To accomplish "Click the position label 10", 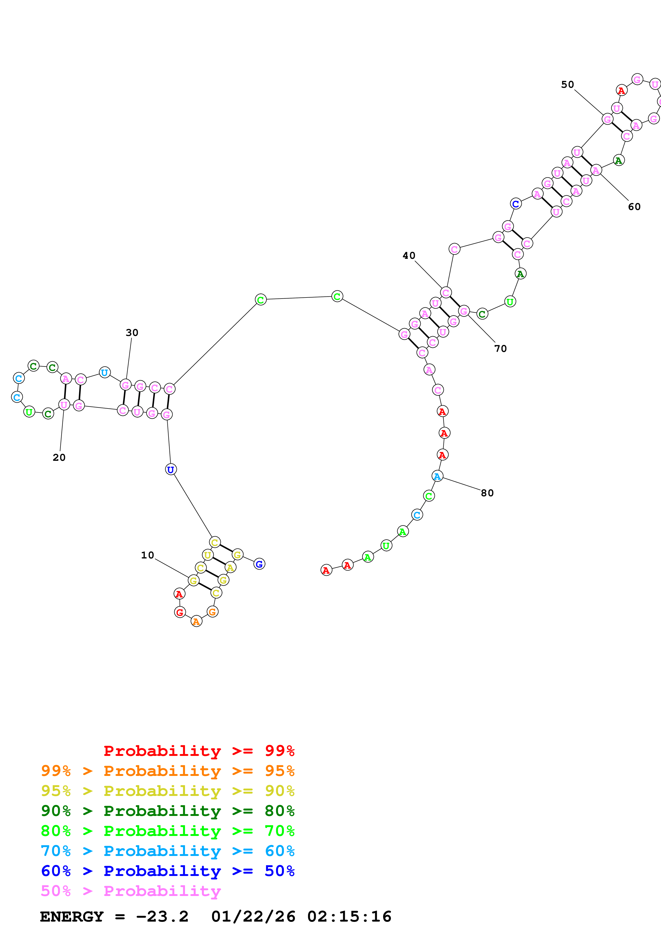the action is click(x=147, y=555).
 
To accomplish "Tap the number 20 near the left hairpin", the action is click(x=59, y=457).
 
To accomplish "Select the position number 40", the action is click(x=409, y=256).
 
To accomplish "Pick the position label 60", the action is click(x=634, y=207).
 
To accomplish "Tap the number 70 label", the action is click(x=500, y=348).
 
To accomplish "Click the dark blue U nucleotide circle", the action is click(x=171, y=470).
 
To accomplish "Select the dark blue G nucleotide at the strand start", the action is click(x=259, y=564).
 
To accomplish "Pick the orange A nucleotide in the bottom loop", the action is click(x=196, y=622).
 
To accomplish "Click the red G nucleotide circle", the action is click(x=180, y=612).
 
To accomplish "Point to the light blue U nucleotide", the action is click(x=105, y=372).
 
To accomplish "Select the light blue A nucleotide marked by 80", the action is click(x=437, y=476).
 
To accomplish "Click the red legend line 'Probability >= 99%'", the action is click(x=199, y=751).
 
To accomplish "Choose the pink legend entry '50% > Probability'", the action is click(x=131, y=891).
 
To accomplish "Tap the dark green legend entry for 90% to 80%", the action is click(x=167, y=811).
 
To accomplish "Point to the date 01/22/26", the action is click(x=253, y=917).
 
